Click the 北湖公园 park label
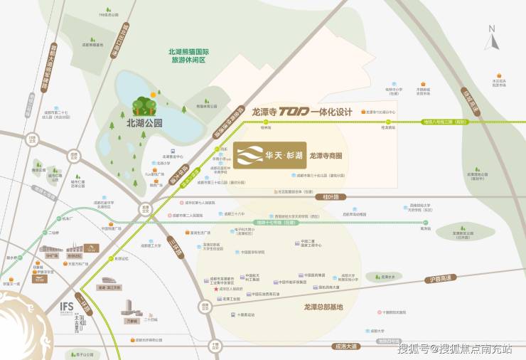(136, 122)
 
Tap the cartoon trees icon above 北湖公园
(145, 104)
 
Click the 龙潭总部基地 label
(318, 307)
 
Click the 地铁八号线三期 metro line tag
(446, 122)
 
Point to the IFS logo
(67, 306)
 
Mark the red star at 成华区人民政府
(216, 290)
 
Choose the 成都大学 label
(385, 330)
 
